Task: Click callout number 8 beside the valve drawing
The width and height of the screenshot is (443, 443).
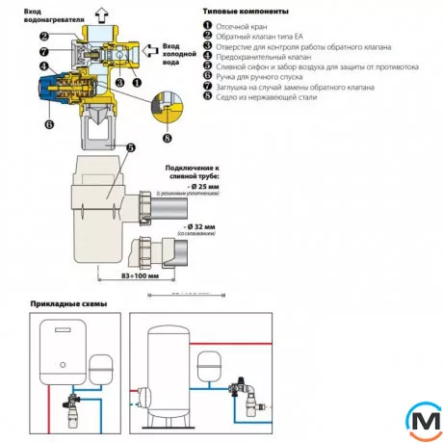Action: coord(170,139)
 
